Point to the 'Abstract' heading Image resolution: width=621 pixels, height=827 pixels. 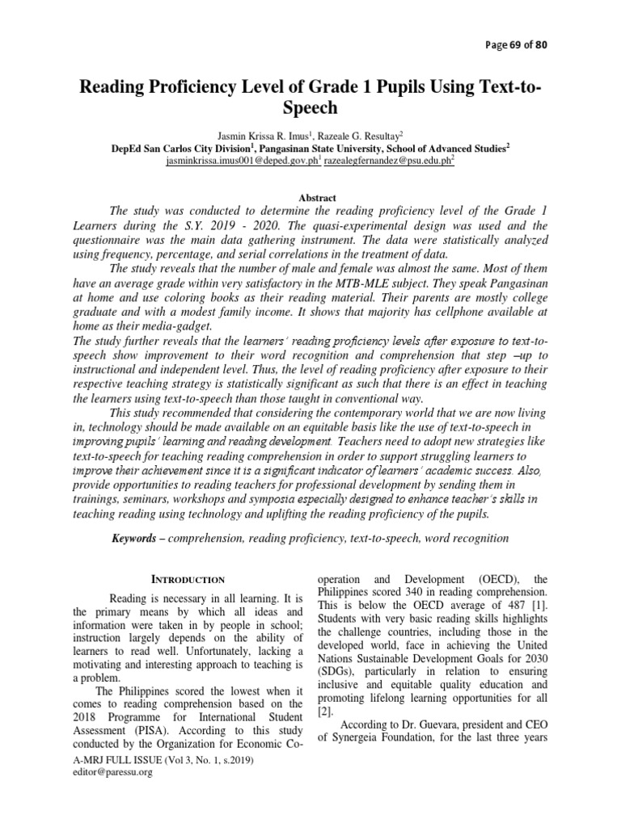[310, 197]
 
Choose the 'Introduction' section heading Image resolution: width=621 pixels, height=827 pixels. [190, 580]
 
